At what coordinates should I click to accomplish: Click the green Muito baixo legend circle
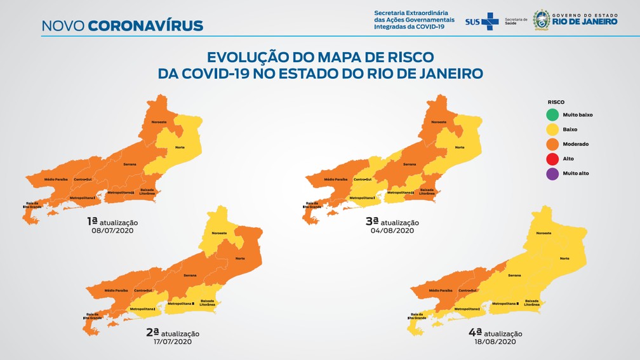[x=552, y=115]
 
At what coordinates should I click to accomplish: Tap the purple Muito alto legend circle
[x=552, y=173]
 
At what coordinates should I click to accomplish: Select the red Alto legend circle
[x=552, y=159]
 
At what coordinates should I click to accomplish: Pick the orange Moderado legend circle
[x=552, y=144]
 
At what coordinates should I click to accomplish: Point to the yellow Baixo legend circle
[x=552, y=130]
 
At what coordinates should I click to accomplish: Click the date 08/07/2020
[x=112, y=230]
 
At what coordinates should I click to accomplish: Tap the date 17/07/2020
[x=173, y=342]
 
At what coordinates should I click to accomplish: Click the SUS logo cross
[x=490, y=22]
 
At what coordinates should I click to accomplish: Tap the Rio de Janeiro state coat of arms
[x=542, y=19]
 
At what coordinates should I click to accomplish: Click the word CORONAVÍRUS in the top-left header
[x=145, y=26]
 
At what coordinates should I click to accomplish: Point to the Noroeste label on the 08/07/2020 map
[x=159, y=121]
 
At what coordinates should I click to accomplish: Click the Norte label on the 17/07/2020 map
[x=240, y=258]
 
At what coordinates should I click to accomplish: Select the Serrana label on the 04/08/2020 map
[x=410, y=164]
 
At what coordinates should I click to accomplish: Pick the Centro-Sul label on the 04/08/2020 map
[x=363, y=180]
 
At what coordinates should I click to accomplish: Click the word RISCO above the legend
[x=556, y=102]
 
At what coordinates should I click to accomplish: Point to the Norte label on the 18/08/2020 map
[x=564, y=258]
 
